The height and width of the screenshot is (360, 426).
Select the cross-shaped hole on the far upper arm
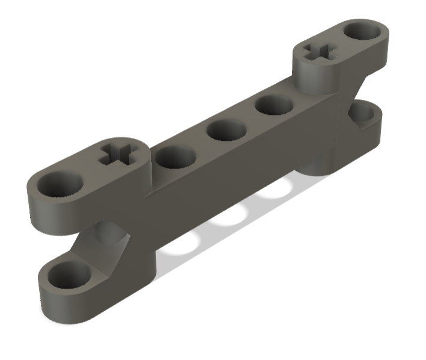click(x=319, y=52)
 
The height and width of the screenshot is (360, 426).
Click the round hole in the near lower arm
click(x=67, y=274)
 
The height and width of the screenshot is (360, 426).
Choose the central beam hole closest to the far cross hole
click(x=274, y=105)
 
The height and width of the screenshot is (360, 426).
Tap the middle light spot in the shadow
click(x=229, y=218)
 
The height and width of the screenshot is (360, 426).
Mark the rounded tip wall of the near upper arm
click(x=48, y=211)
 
